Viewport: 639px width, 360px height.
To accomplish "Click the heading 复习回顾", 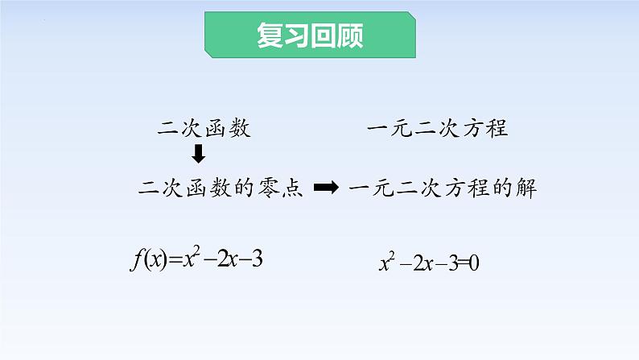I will pos(310,35).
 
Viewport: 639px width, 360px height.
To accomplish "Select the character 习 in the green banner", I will pos(297,35).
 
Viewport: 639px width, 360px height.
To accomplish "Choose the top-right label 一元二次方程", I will pos(437,127).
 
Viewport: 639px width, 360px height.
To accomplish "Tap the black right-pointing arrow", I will pos(325,188).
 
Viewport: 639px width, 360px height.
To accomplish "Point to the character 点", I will pos(293,188).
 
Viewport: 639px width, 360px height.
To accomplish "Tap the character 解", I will pos(526,188).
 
